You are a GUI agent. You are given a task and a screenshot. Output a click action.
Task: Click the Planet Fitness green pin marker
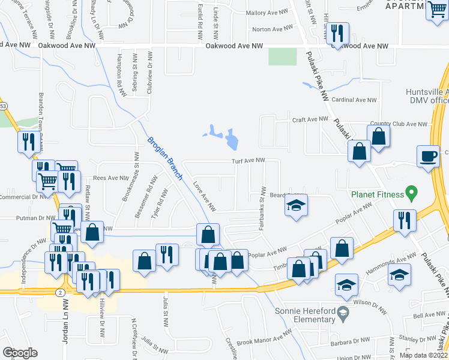coord(411,194)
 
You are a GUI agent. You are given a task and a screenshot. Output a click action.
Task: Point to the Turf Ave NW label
coord(249,160)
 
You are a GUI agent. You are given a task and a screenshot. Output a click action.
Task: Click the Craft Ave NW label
coord(310,119)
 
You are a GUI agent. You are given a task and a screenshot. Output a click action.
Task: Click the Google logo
coord(20,352)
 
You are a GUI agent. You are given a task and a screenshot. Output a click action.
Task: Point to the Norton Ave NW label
coord(270,29)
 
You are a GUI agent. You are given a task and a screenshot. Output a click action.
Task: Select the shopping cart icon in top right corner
coord(438,10)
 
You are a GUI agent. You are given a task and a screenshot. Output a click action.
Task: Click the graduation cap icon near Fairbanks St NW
coord(296,206)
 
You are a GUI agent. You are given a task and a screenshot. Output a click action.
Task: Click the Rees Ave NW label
coord(112,178)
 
